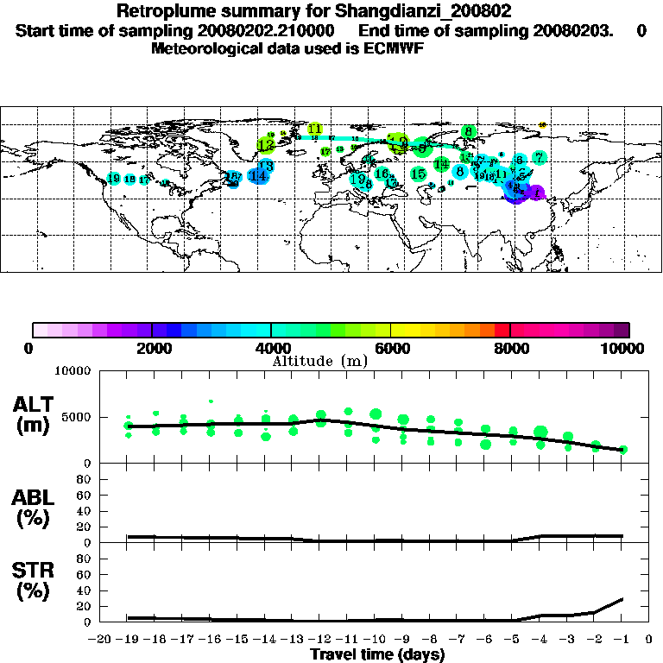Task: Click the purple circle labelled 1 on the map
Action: tap(538, 193)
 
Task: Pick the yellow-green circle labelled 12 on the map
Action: tap(266, 145)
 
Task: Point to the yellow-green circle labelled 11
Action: tap(315, 129)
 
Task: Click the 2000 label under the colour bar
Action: tap(152, 348)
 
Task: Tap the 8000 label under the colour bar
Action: tap(511, 348)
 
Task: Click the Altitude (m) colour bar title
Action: tap(319, 360)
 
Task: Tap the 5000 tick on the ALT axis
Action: tap(79, 418)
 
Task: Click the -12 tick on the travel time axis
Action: tap(319, 640)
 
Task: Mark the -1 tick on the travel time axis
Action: tap(622, 640)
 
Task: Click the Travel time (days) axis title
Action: tap(377, 655)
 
